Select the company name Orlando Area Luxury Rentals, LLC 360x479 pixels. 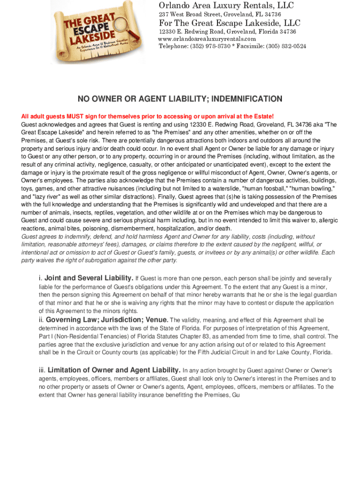pyautogui.click(x=226, y=6)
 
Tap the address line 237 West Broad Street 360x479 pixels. pyautogui.click(x=220, y=15)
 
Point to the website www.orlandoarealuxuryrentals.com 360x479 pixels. pyautogui.click(x=207, y=39)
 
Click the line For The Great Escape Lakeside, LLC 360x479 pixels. pyautogui.click(x=230, y=23)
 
